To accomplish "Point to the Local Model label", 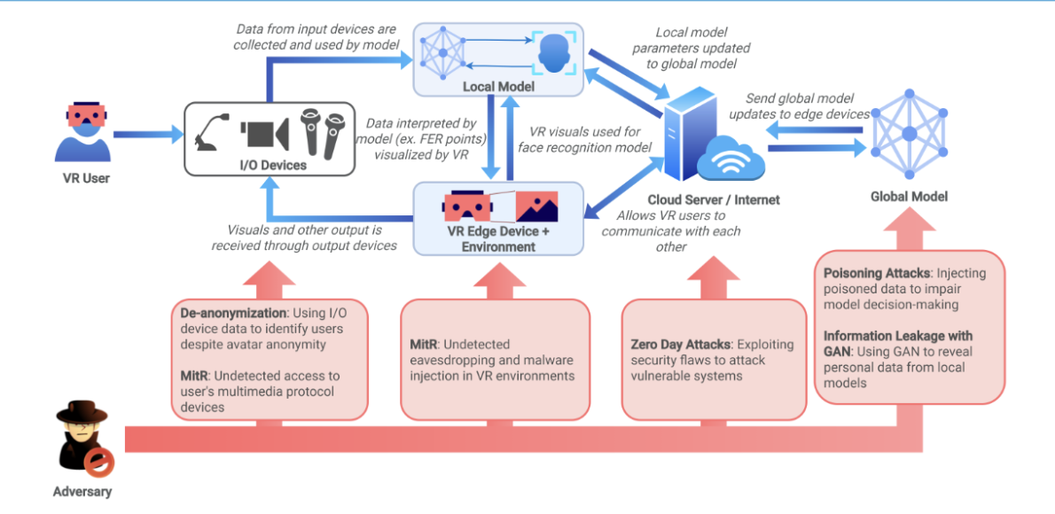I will click(x=497, y=87).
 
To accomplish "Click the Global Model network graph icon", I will click(x=909, y=133).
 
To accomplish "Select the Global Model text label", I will click(x=909, y=196).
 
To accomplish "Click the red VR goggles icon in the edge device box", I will click(x=465, y=206).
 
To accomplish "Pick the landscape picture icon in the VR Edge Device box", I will click(x=537, y=206).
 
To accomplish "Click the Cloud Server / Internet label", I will click(x=714, y=199).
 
